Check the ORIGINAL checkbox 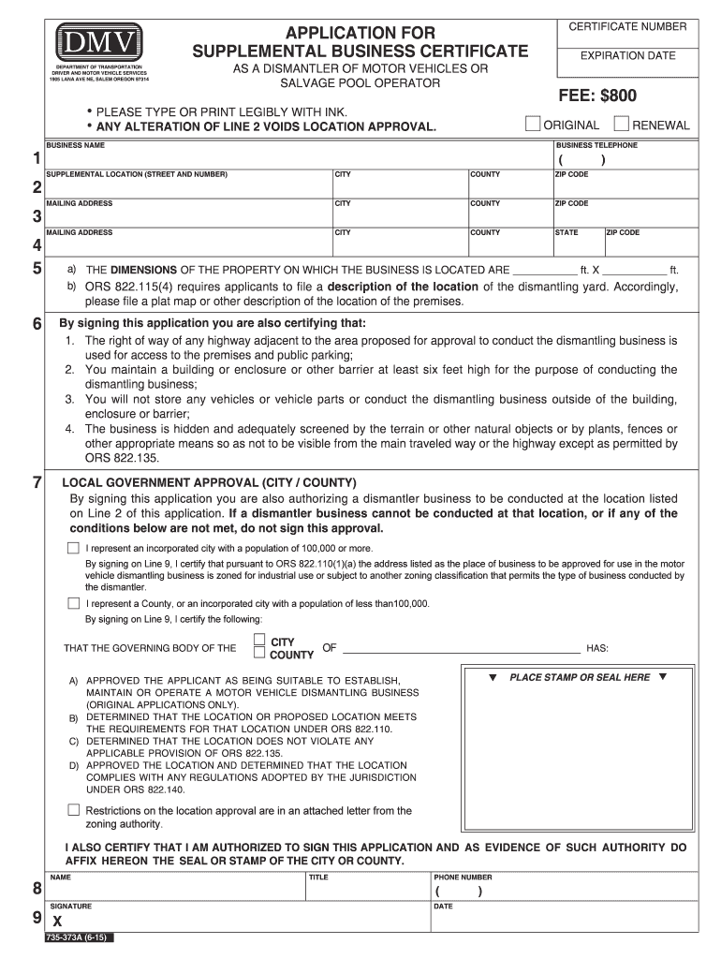532,124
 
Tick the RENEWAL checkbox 620,124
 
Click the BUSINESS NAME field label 76,146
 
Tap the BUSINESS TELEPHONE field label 596,146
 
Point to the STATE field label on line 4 566,232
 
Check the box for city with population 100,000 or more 73,547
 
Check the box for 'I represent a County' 73,603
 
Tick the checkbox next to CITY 259,641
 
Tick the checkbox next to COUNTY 259,654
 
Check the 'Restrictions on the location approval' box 73,809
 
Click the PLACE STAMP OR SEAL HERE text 579,677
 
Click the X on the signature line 58,922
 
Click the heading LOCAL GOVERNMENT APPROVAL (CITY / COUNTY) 209,482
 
